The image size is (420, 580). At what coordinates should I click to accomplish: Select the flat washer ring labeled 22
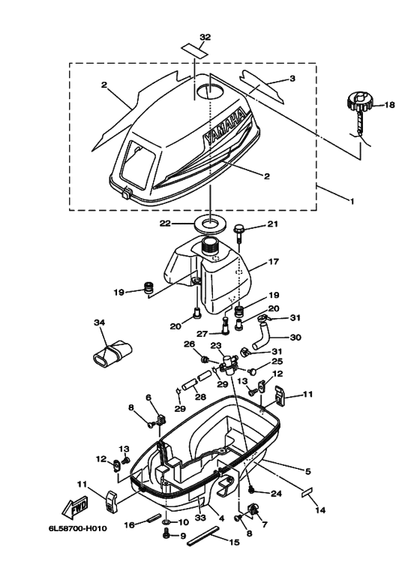tap(210, 226)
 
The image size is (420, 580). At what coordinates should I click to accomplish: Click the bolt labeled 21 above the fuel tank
tap(238, 233)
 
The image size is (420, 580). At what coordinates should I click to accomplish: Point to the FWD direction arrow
tap(75, 506)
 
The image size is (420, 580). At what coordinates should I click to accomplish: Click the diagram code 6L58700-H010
tap(78, 528)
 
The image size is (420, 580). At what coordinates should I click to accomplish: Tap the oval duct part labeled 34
tap(111, 351)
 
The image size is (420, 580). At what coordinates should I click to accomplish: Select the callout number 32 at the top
tap(205, 37)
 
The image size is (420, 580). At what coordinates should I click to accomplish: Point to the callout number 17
tap(274, 261)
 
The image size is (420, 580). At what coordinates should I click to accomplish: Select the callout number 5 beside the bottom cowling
tap(308, 471)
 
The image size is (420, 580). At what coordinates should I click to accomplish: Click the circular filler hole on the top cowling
tap(209, 91)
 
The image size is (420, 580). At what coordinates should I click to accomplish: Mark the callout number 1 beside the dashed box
tap(352, 201)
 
